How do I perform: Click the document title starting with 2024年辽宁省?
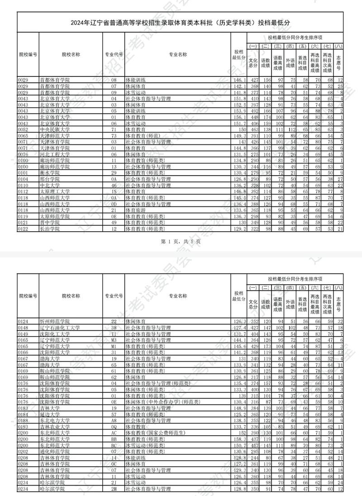click(181, 22)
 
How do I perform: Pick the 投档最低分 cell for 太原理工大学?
click(238, 191)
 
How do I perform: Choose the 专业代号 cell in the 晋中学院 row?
click(114, 222)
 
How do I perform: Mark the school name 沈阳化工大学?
click(54, 334)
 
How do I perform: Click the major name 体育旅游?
click(135, 210)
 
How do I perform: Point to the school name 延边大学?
click(50, 414)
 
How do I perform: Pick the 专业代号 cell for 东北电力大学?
click(114, 420)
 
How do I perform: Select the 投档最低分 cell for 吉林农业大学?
click(238, 426)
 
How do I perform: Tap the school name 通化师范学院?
click(54, 451)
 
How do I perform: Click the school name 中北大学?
click(50, 185)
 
